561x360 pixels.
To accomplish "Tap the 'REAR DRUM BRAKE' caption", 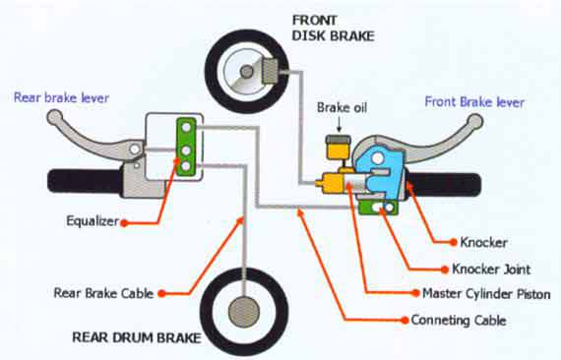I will tap(136, 338).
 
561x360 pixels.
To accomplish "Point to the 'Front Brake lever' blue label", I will tap(475, 100).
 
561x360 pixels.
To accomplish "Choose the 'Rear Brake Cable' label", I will tap(103, 292).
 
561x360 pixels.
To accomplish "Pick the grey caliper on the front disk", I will tap(273, 70).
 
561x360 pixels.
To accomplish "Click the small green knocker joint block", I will tap(377, 207).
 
